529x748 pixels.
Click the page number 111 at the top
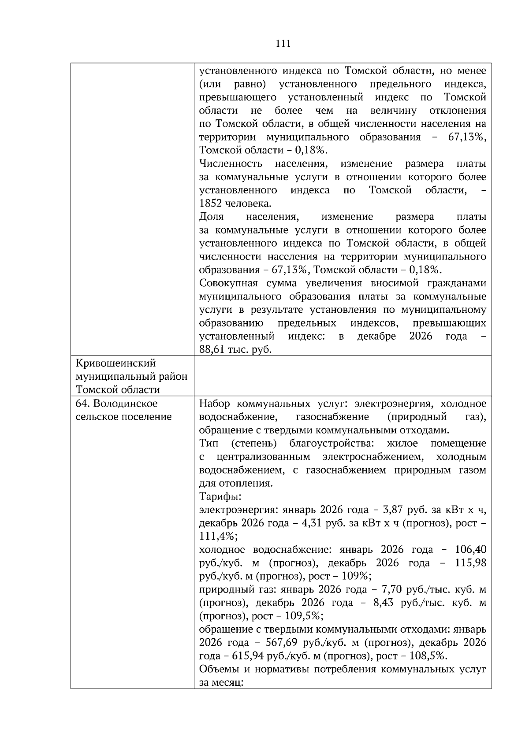(283, 43)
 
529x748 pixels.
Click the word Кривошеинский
(116, 363)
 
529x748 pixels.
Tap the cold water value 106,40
(471, 550)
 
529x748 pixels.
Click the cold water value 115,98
(471, 563)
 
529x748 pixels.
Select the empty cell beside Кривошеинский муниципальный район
(343, 376)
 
